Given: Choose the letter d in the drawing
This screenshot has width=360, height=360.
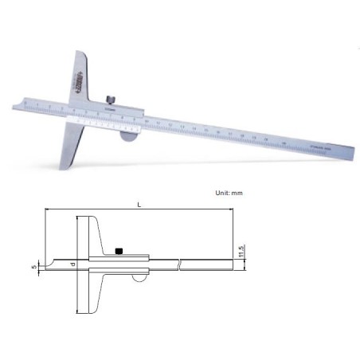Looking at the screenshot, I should point(72,264).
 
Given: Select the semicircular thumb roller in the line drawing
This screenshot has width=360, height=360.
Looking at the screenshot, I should point(138,278).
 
